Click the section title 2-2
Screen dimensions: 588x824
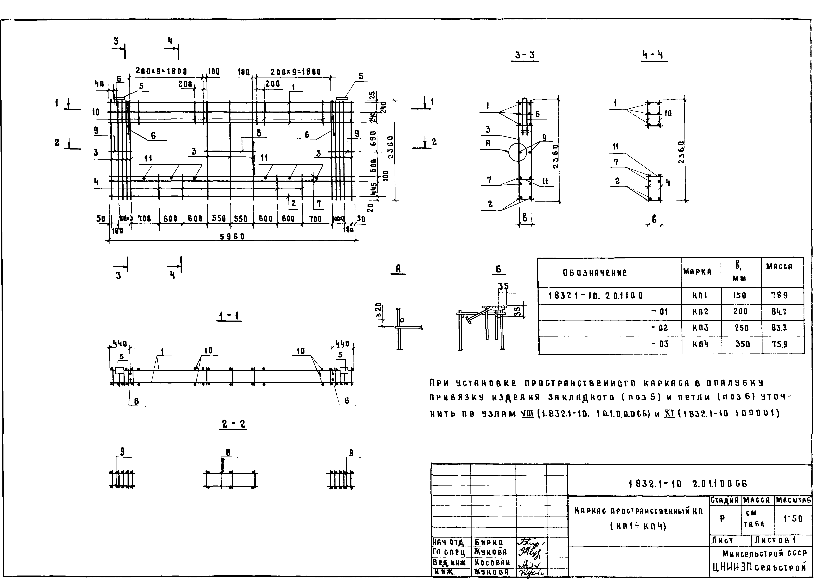(233, 424)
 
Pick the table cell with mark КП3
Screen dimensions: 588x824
(700, 328)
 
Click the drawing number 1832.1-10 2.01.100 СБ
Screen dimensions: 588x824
(687, 484)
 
